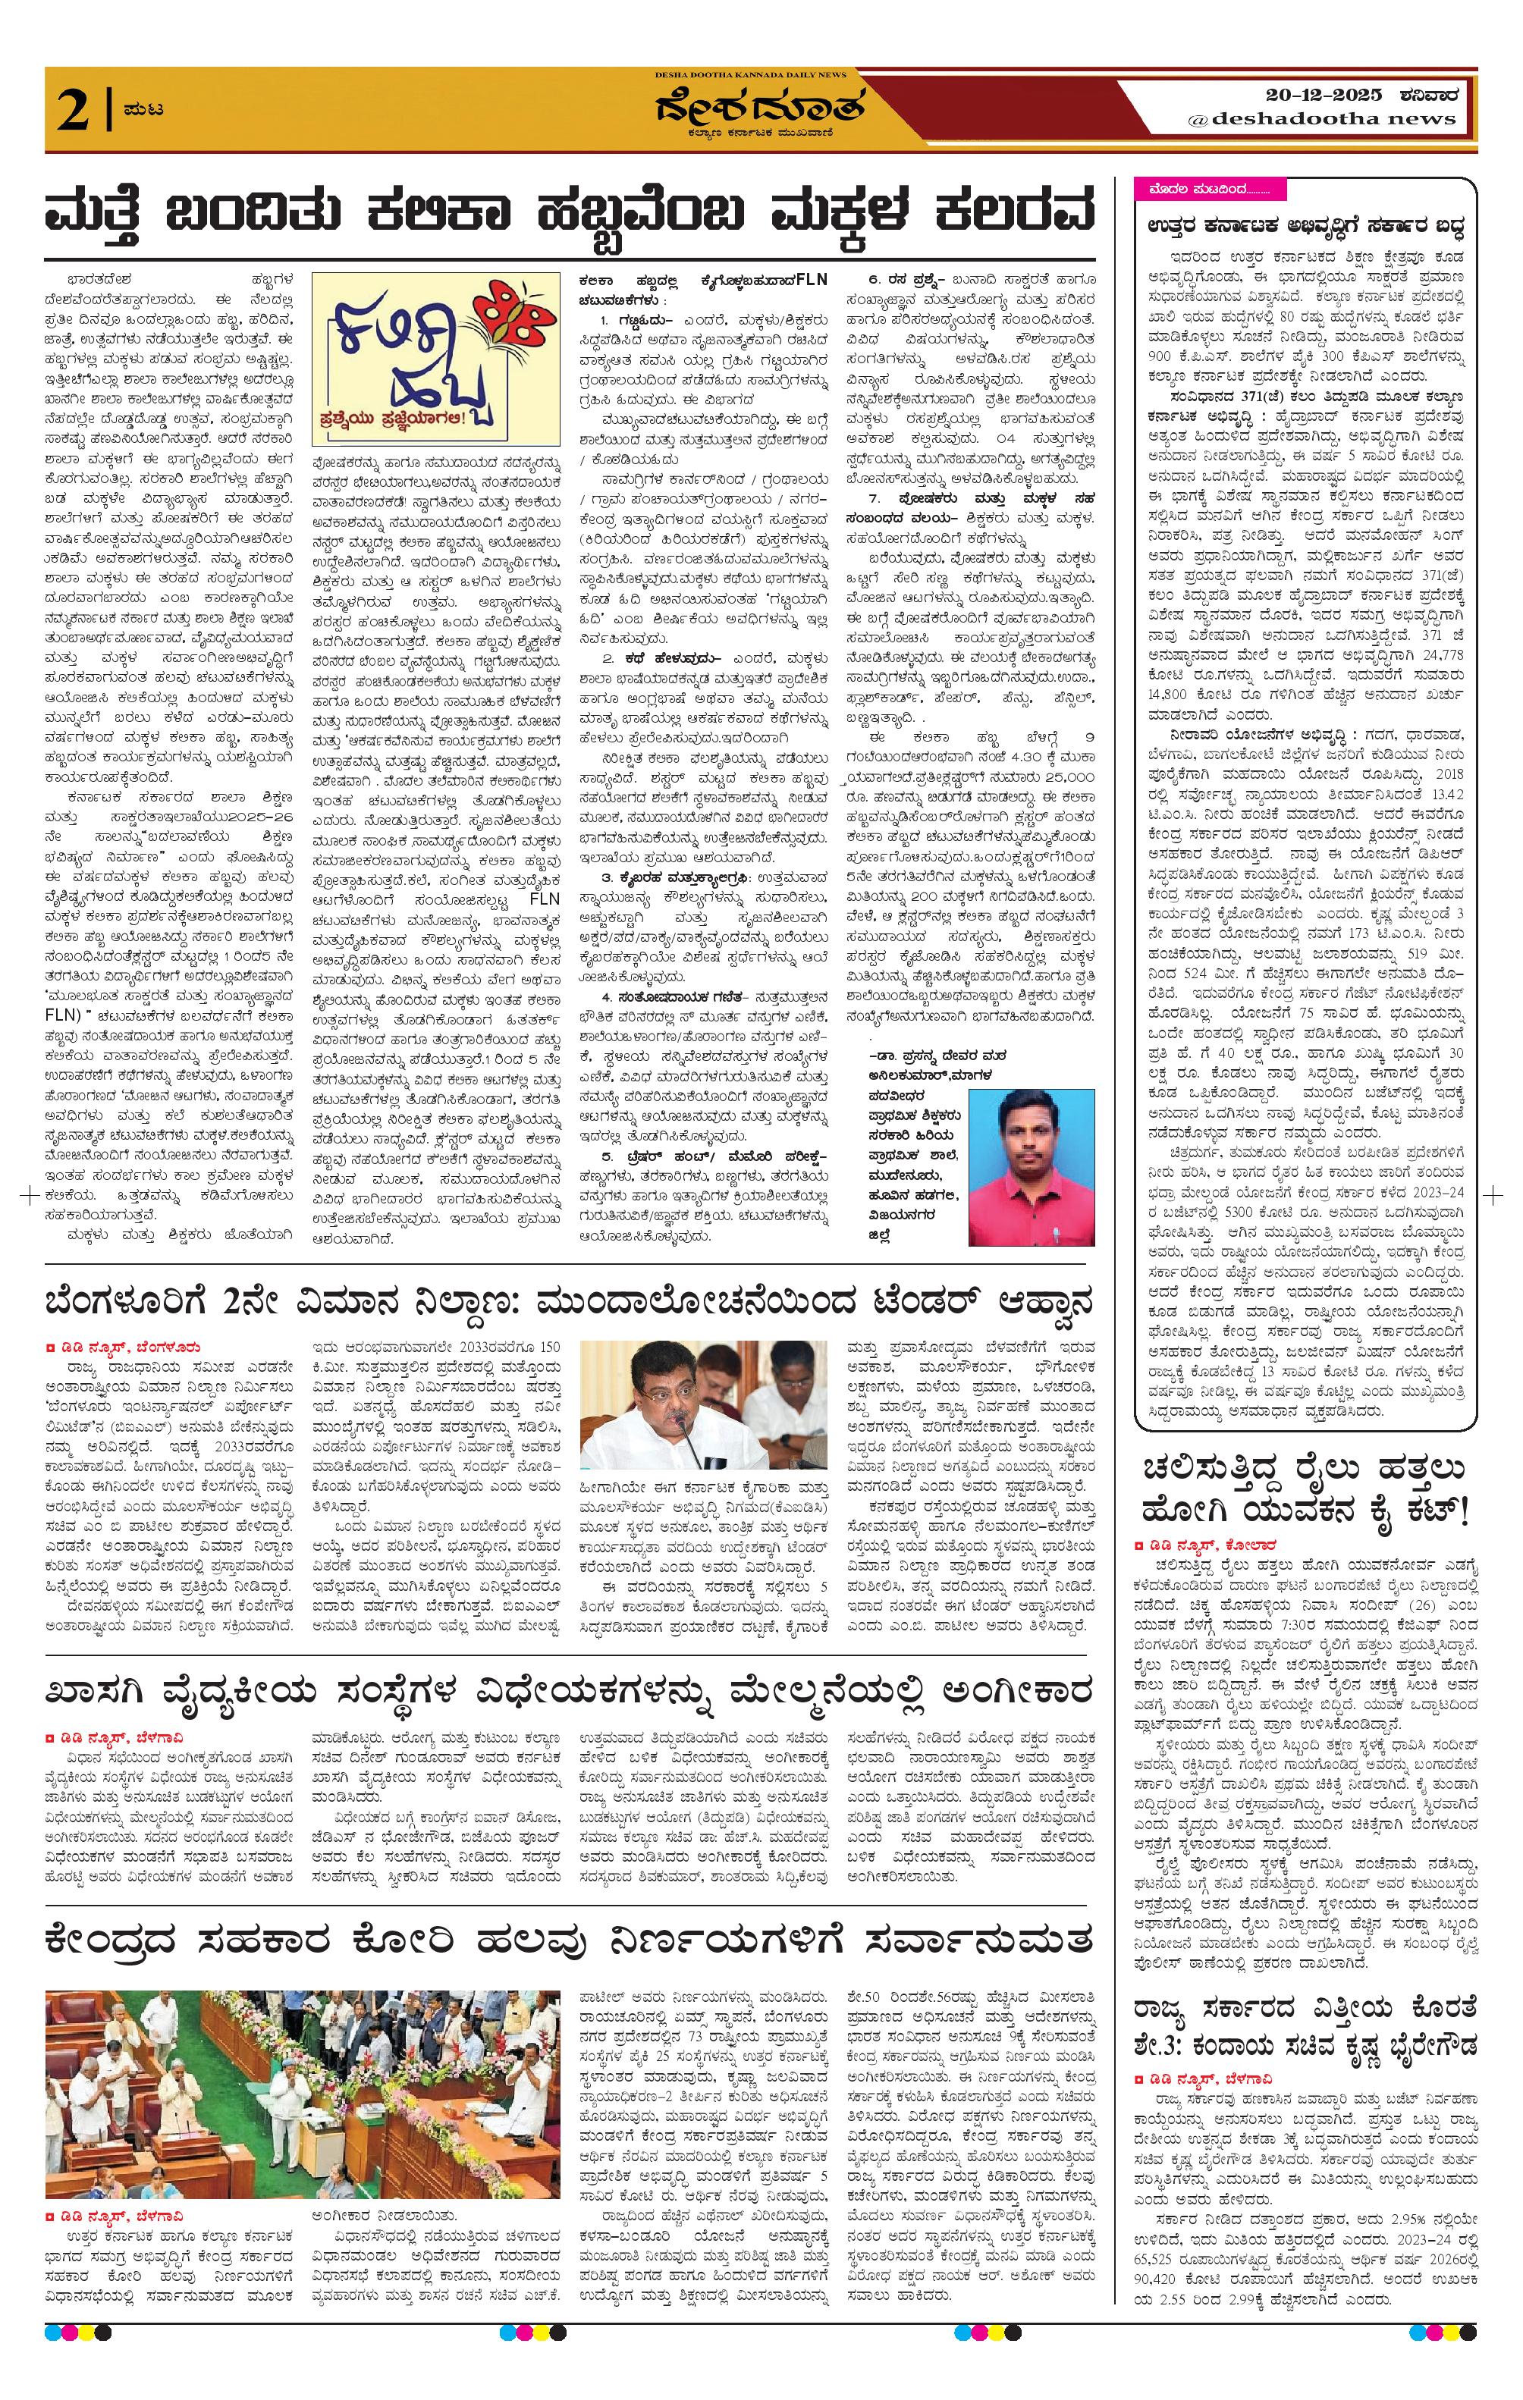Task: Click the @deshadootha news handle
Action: point(1322,118)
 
